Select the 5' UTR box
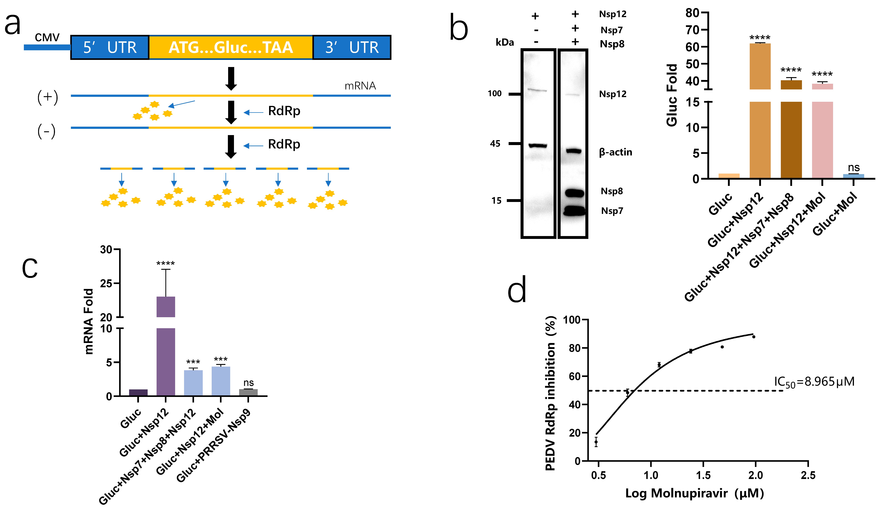click(x=110, y=47)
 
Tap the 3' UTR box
click(x=352, y=47)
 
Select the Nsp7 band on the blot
click(x=575, y=211)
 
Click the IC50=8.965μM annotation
click(x=814, y=382)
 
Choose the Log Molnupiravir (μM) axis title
click(x=695, y=493)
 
